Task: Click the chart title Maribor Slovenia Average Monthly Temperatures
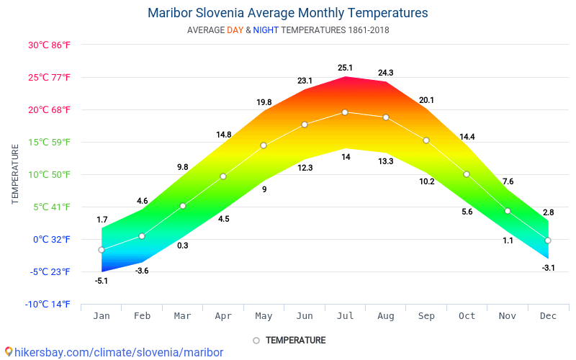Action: [x=287, y=13]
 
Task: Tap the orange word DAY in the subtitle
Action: [x=235, y=30]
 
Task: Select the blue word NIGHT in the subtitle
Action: [x=266, y=30]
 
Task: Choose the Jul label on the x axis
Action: [x=345, y=315]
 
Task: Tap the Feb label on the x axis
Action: [x=142, y=315]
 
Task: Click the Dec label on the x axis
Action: [x=548, y=315]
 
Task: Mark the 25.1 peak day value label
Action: [x=345, y=68]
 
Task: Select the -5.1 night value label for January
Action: [x=102, y=281]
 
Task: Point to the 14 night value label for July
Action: [x=346, y=157]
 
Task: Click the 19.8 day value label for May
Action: [x=264, y=102]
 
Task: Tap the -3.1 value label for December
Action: [x=548, y=268]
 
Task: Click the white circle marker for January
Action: [x=102, y=250]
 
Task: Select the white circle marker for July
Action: [x=345, y=112]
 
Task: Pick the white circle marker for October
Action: [x=467, y=174]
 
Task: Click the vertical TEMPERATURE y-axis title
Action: [x=15, y=174]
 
